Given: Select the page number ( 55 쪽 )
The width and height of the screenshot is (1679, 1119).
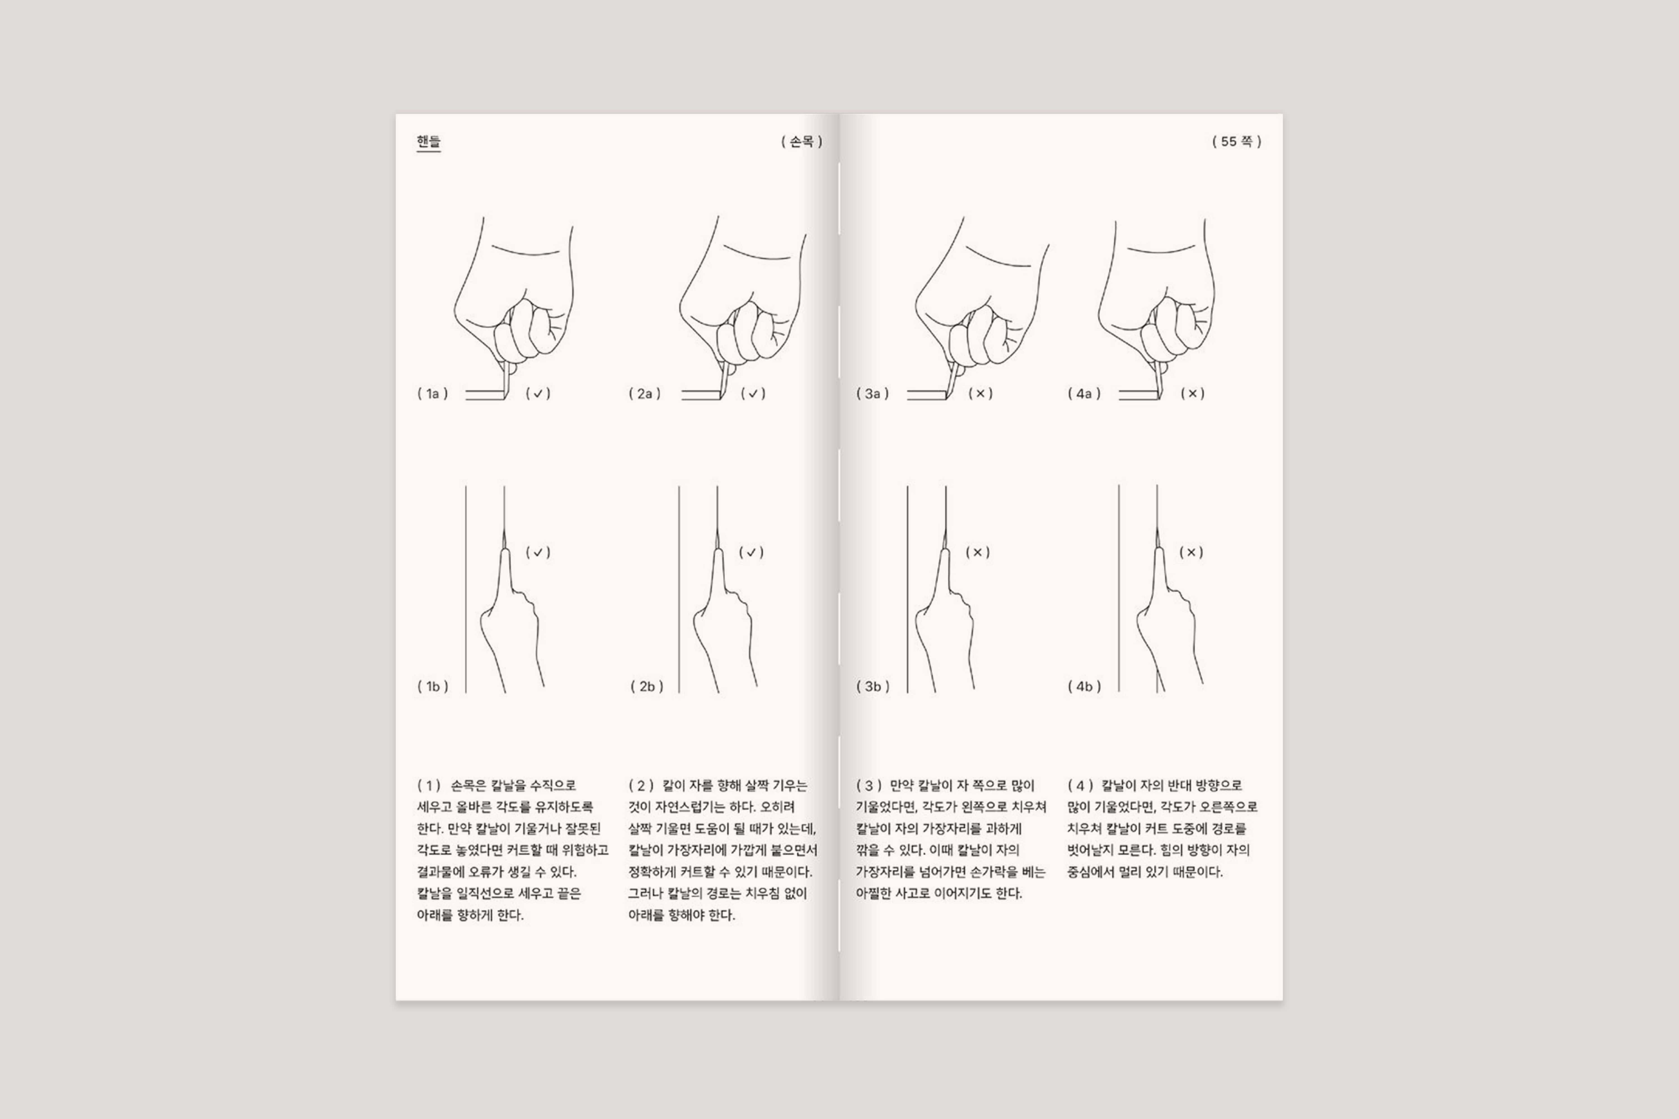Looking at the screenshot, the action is [x=1236, y=141].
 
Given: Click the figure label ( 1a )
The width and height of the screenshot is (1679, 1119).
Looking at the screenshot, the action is [x=433, y=393].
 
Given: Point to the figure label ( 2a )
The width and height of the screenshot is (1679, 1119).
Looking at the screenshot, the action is [x=645, y=393].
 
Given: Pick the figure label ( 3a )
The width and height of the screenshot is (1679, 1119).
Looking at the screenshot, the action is [x=872, y=393].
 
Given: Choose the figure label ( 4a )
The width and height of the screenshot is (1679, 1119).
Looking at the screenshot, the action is [x=1084, y=393].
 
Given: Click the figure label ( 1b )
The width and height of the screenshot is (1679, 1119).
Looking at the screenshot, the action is [x=433, y=687].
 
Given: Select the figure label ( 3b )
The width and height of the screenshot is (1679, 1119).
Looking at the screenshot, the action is [x=872, y=687].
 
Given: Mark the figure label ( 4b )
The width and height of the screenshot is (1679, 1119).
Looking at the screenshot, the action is [x=1084, y=687].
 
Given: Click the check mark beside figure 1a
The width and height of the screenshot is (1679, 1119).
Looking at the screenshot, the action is [x=538, y=393].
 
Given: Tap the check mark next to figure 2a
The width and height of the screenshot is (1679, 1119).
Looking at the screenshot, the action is [x=753, y=393].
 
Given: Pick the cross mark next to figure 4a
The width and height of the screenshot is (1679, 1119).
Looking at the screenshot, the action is [x=1192, y=393].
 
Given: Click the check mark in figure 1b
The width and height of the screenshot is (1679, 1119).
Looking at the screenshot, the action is [x=538, y=552].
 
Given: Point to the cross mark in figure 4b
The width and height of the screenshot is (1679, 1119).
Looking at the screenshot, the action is [x=1191, y=552].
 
